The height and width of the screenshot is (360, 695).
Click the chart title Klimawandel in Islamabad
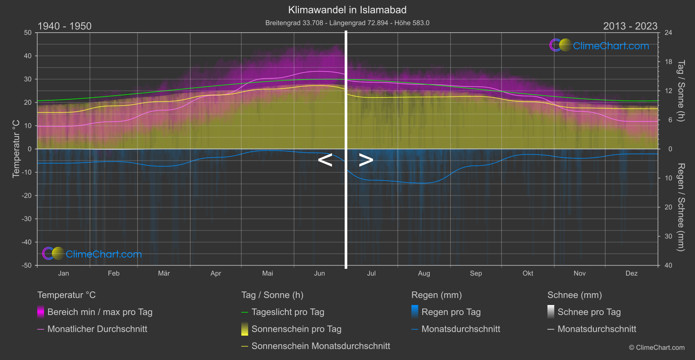[x=347, y=10]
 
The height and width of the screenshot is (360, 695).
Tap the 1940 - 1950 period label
[x=65, y=26]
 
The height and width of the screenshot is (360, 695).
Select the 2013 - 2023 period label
[x=630, y=26]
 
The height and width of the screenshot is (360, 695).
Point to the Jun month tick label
[x=319, y=273]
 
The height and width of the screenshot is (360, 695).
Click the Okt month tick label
[x=527, y=273]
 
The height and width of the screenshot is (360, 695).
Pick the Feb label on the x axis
[x=113, y=273]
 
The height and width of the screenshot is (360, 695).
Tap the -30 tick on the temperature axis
[x=27, y=219]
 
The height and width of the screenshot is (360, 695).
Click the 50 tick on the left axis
[x=28, y=33]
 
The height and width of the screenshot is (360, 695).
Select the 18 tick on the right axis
[x=668, y=62]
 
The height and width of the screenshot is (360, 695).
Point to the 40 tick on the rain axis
[x=668, y=265]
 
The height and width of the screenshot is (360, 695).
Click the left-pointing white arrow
[x=325, y=160]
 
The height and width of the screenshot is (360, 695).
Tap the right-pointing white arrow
[x=366, y=160]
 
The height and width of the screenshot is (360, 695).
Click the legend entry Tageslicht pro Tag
[x=288, y=312]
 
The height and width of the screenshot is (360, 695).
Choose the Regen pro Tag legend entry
[x=451, y=312]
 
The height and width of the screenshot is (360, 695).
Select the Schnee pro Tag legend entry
[x=589, y=312]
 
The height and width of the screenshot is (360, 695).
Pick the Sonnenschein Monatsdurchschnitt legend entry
[x=321, y=346]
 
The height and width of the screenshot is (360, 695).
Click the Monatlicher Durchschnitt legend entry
[x=97, y=329]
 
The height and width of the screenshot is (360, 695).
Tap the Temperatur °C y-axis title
[x=16, y=149]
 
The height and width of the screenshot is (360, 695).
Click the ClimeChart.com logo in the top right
[x=599, y=45]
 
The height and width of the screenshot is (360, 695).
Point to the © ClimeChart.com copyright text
[x=657, y=347]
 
